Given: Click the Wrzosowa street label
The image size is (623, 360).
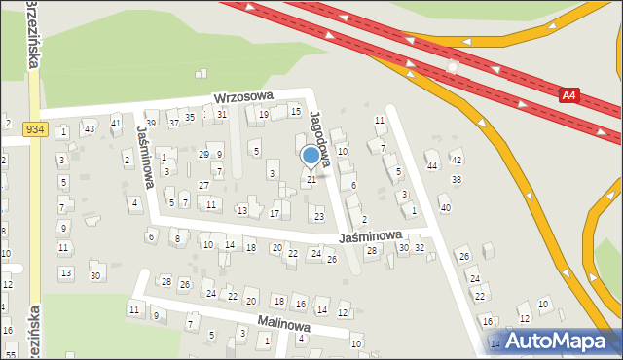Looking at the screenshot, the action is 243,98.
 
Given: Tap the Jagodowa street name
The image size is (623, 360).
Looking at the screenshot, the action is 321,137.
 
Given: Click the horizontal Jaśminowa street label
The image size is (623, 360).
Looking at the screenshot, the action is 371,236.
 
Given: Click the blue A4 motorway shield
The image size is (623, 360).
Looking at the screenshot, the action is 571,94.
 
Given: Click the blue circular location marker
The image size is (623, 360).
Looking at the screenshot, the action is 311,156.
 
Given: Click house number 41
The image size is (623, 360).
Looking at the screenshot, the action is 116,123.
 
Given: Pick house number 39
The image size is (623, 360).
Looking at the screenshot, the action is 151,124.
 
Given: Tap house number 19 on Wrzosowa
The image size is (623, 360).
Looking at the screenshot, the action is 263,115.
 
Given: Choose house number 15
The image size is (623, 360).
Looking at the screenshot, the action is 296,112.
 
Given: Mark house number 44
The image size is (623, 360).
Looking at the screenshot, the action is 432,165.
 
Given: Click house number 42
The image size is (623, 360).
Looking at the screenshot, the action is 456,159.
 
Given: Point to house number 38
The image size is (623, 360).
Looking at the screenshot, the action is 456,180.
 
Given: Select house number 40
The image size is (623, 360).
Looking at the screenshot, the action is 445,207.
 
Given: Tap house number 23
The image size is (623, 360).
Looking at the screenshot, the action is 318,216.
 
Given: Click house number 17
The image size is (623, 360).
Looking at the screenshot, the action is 275,213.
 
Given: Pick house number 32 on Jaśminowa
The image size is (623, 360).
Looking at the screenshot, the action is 419,248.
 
